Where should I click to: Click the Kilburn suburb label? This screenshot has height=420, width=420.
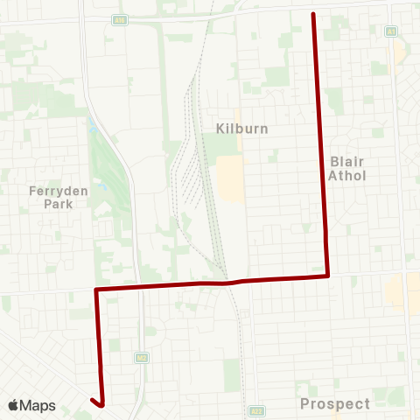point(241,129)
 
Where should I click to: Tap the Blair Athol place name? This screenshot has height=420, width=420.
point(348,168)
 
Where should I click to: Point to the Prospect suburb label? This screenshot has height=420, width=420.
point(335,403)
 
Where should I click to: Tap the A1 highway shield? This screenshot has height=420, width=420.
point(391,31)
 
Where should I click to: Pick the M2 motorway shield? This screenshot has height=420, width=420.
point(139,358)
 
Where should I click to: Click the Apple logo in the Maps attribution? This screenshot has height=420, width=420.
point(14,405)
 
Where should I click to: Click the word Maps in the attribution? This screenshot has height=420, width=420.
point(38,405)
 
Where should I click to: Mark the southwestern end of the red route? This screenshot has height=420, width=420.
point(91,400)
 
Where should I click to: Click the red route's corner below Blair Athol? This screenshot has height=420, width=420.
point(327,276)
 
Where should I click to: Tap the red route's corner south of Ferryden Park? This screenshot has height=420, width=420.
point(95,289)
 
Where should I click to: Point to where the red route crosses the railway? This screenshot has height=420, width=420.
point(229,282)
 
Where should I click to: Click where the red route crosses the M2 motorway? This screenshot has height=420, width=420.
point(137,286)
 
